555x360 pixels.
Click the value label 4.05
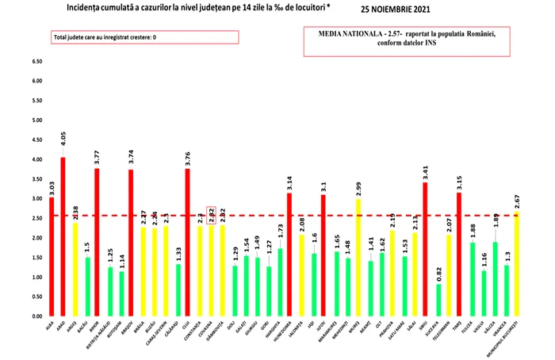point(63,140)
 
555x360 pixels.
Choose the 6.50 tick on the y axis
point(36,62)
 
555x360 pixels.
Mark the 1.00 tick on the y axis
point(36,277)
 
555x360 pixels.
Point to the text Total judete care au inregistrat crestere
point(99,37)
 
